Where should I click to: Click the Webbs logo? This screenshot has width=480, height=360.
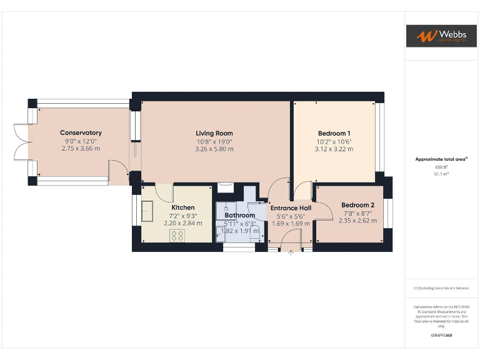441,36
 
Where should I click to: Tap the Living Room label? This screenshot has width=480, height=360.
214,133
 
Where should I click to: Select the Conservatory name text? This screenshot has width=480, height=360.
81,132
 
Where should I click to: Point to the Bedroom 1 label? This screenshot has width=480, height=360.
334,133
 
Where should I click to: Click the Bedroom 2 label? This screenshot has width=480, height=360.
357,205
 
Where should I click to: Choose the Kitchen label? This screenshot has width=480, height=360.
182,207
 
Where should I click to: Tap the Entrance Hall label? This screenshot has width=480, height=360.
291,208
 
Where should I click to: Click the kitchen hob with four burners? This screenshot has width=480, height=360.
177,235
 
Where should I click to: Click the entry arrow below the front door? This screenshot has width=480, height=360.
291,253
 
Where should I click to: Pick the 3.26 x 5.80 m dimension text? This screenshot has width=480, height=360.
214,149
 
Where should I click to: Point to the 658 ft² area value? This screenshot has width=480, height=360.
441,167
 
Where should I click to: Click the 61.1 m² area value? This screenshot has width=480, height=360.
441,174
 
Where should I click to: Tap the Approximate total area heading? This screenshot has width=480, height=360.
441,159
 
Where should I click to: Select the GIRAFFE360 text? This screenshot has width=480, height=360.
441,336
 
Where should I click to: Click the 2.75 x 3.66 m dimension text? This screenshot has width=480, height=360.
81,148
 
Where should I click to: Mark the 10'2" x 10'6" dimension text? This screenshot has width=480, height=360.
334,141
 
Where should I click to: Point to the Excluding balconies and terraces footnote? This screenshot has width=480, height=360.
441,288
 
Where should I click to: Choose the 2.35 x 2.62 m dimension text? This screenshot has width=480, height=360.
357,221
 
